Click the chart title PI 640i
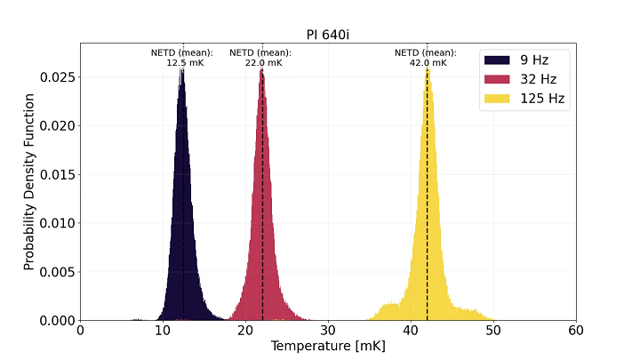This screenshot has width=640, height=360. tap(328, 34)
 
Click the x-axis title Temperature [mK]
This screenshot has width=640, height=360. tap(328, 345)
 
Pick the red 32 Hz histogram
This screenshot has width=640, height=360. tap(262, 222)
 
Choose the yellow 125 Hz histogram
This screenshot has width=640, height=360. tap(428, 222)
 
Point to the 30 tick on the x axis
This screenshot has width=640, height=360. tap(328, 329)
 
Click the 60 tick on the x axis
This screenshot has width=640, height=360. tap(575, 329)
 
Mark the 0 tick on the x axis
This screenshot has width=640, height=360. tap(81, 329)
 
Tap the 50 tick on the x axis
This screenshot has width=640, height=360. tap(493, 329)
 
